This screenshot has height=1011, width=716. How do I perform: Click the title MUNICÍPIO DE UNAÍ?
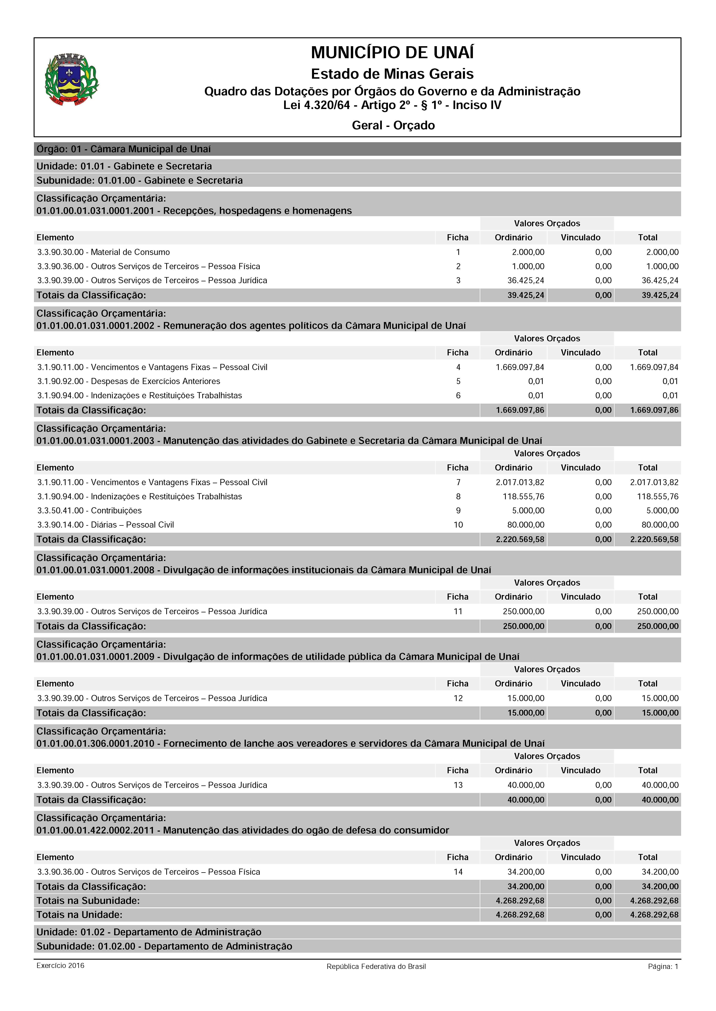pos(392,53)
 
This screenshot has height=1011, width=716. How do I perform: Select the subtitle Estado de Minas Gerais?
pos(392,74)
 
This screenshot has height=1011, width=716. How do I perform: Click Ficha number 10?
pos(458,525)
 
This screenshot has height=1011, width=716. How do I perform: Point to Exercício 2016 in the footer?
pos(60,966)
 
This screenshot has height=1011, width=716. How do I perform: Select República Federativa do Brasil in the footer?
pos(376,966)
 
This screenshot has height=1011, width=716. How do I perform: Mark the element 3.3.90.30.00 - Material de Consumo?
pos(104,252)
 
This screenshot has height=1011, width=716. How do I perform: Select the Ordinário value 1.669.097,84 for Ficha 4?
pos(520,367)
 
